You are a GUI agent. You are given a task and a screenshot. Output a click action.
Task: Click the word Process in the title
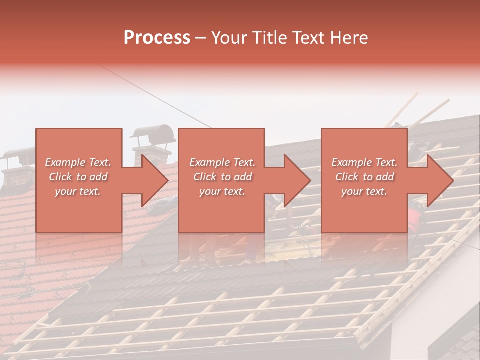pyautogui.click(x=157, y=38)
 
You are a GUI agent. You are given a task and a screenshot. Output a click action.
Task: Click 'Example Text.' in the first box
pyautogui.click(x=78, y=162)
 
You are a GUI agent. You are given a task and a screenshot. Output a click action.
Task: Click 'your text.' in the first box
pyautogui.click(x=78, y=191)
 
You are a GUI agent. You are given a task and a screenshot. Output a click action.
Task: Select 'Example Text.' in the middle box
pyautogui.click(x=222, y=162)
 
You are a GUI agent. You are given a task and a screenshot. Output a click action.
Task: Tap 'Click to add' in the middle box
pyautogui.click(x=222, y=177)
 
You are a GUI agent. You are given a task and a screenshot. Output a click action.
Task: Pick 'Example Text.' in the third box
pyautogui.click(x=364, y=162)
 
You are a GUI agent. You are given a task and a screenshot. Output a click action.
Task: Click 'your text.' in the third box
pyautogui.click(x=364, y=191)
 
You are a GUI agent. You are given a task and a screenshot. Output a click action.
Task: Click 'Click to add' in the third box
pyautogui.click(x=364, y=177)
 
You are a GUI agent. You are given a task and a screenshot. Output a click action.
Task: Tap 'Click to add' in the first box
pyautogui.click(x=78, y=177)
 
